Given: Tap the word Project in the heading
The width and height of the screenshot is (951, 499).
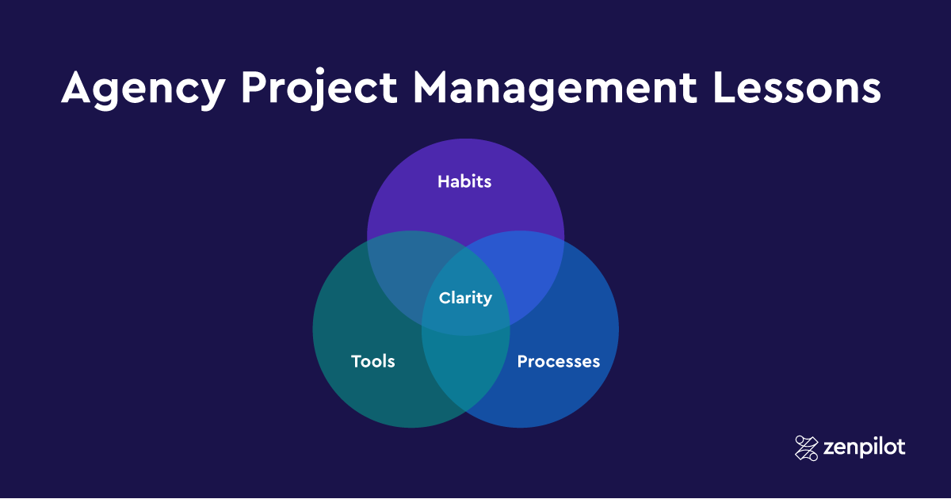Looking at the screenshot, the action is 319,89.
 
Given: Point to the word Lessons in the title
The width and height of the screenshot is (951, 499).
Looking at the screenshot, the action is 797,87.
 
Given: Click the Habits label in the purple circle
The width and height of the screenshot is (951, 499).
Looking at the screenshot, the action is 464,181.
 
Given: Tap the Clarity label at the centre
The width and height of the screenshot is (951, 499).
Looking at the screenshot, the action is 465,298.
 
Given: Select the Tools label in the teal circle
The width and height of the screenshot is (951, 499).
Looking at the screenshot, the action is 372,361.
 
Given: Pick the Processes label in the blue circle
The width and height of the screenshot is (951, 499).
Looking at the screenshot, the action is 558,361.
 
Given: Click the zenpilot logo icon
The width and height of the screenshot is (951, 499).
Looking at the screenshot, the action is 806,448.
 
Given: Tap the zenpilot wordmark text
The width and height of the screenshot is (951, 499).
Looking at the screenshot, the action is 865,448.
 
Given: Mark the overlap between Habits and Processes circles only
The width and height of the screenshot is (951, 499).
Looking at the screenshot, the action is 531,276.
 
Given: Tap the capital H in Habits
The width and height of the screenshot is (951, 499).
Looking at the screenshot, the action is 444,181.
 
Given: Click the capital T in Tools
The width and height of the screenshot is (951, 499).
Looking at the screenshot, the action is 357,361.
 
